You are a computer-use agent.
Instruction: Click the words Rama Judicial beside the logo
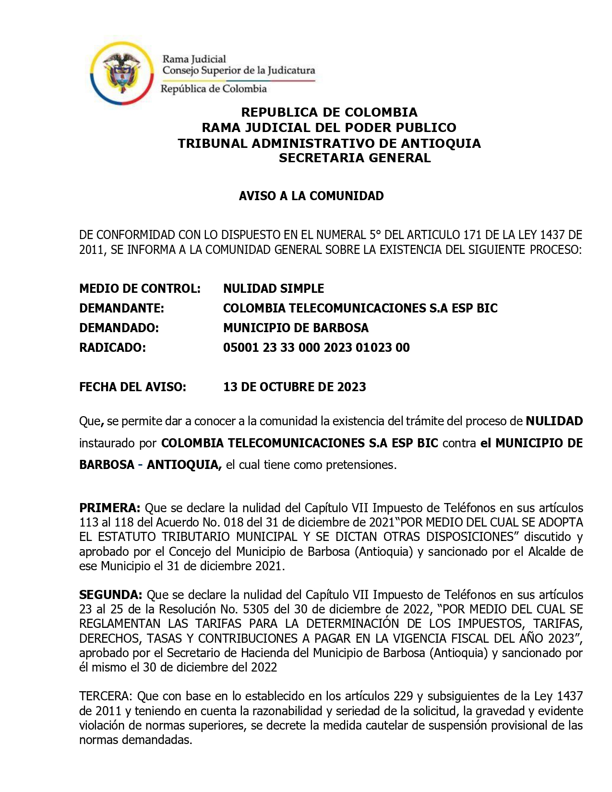(194, 59)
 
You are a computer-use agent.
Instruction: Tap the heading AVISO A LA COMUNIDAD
(311, 196)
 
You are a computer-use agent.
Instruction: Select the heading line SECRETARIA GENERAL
(355, 158)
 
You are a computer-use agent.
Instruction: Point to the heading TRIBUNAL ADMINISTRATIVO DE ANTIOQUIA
(329, 143)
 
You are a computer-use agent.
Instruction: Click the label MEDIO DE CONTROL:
(140, 288)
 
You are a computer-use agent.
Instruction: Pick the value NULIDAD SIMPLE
(273, 288)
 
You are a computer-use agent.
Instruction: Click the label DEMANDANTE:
(121, 308)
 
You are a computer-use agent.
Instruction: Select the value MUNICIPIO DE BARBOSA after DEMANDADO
(296, 328)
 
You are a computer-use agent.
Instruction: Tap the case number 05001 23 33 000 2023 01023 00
(316, 348)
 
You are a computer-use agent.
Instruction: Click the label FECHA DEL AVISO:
(132, 387)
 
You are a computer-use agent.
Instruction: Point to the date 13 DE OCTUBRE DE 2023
(294, 387)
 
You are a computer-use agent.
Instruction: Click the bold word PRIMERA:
(109, 508)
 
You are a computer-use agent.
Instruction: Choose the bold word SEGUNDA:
(110, 595)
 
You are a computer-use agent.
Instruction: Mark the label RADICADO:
(112, 348)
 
